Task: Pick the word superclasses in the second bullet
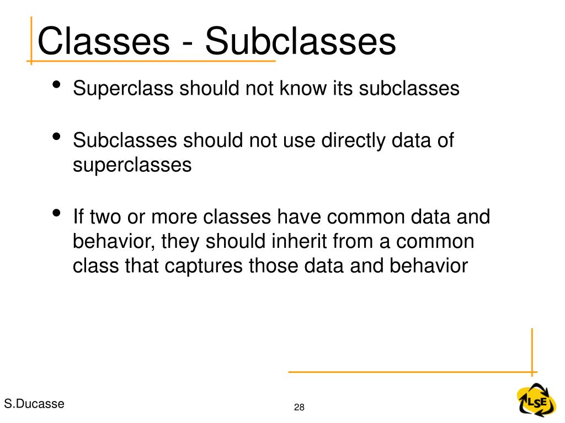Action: click(x=132, y=165)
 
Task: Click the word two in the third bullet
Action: click(x=104, y=216)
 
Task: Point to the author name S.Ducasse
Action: click(x=34, y=404)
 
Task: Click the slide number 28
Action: click(x=300, y=408)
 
